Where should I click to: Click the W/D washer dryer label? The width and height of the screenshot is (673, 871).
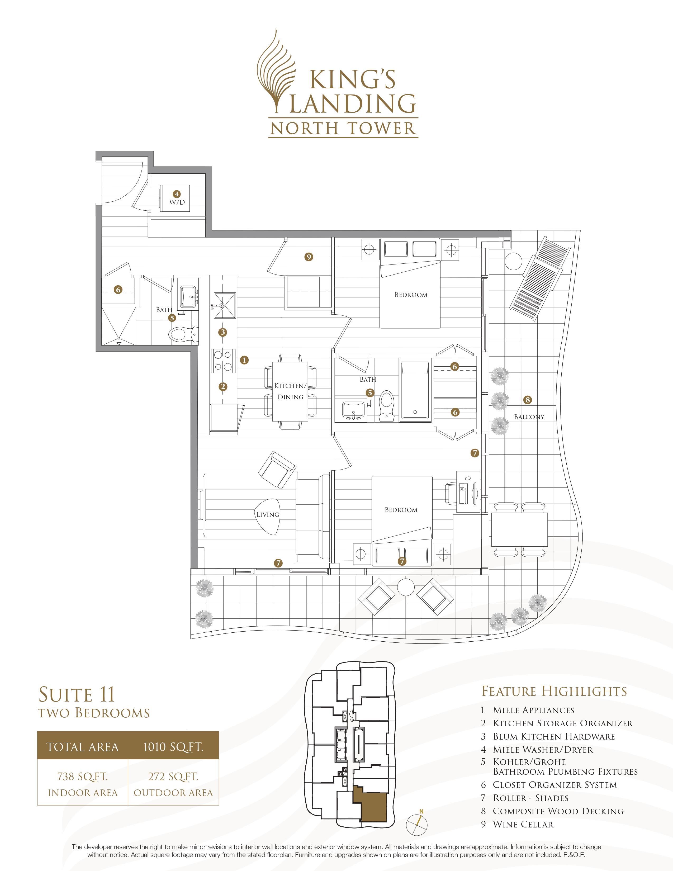pos(177,202)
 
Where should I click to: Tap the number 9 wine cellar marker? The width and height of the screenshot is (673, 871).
pos(308,257)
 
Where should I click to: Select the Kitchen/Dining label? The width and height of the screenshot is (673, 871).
pos(290,391)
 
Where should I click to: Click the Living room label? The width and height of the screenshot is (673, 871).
pos(268,514)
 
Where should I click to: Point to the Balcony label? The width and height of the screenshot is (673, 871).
pos(529,417)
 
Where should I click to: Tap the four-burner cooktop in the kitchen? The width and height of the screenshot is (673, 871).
pos(223,360)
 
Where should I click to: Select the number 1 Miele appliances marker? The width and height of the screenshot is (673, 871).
pos(244,360)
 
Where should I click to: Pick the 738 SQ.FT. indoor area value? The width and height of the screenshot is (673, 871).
pos(83,777)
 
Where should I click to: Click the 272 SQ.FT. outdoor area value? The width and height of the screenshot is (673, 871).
pos(173,777)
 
